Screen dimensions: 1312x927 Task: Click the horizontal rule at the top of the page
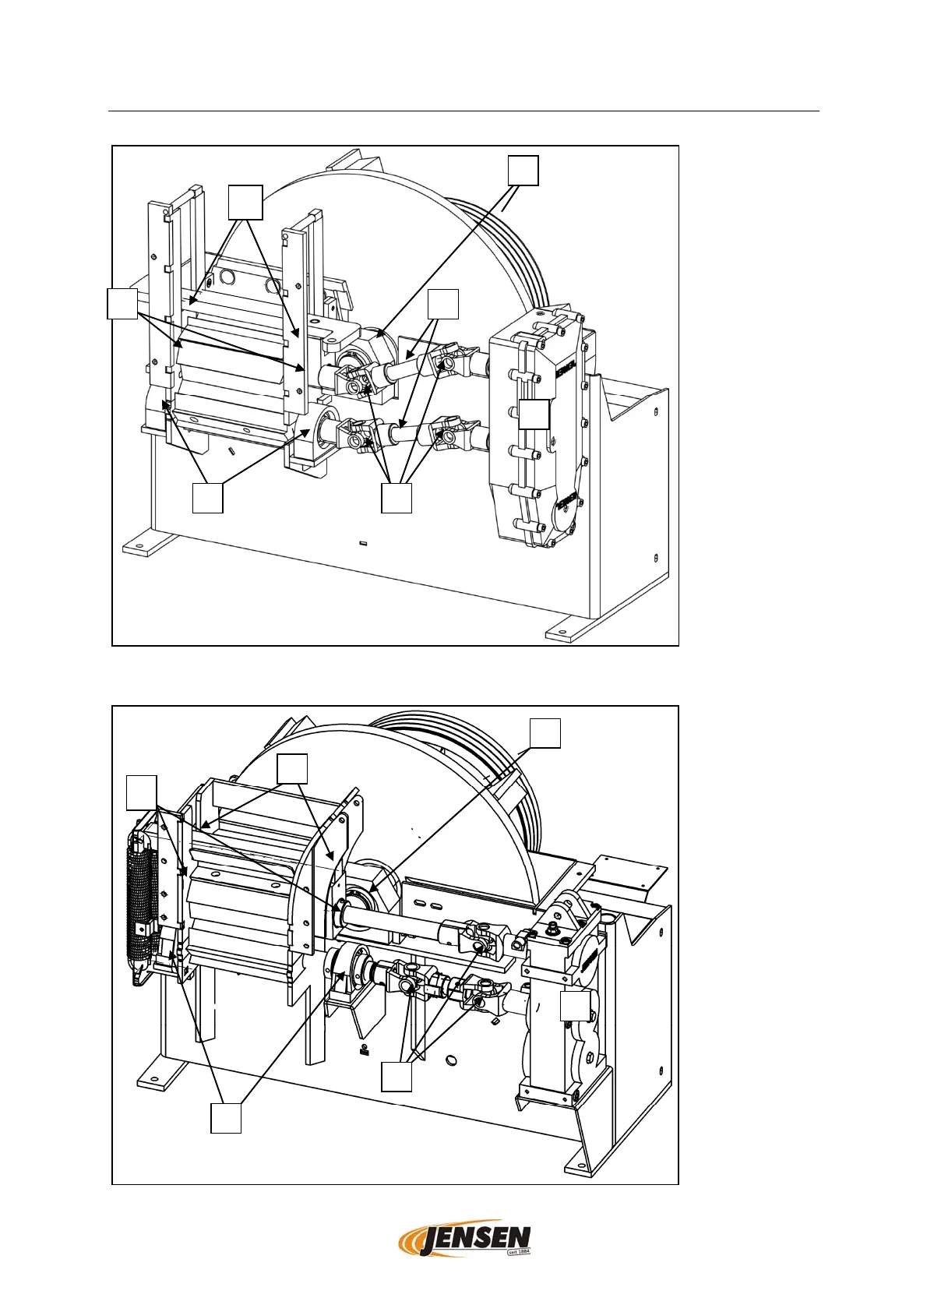pos(463,111)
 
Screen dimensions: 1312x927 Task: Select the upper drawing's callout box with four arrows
pos(397,499)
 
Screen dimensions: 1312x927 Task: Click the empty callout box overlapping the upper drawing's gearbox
pos(534,414)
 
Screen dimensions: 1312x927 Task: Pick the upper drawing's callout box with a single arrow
pos(523,171)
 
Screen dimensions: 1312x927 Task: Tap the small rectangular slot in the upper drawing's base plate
pos(363,543)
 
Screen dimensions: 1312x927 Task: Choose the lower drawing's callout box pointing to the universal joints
pos(396,1078)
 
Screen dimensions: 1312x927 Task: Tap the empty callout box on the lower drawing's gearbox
pos(575,1006)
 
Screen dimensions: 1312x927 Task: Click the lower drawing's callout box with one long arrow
pos(545,733)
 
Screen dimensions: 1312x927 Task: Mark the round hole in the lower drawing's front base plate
pos(451,1059)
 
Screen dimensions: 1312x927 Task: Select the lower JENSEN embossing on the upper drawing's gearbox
pos(567,500)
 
